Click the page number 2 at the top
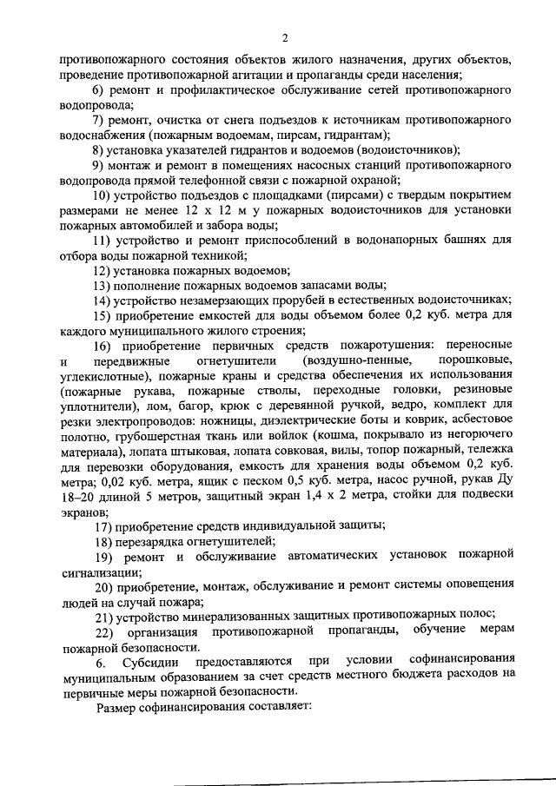coord(284,37)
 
